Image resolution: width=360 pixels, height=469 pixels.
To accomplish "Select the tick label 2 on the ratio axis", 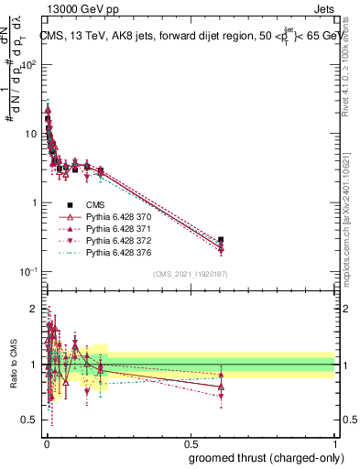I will point(33,308).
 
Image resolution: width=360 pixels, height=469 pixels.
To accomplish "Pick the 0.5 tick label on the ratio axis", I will point(29,422).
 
